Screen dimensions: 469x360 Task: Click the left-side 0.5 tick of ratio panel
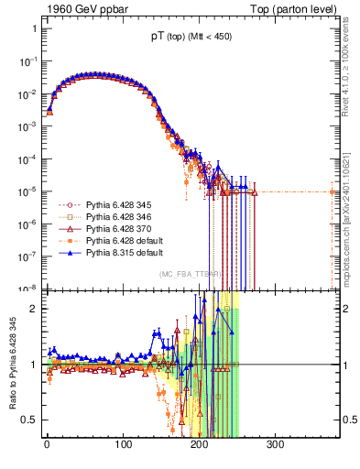coord(29,420)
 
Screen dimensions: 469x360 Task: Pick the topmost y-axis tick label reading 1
coord(33,28)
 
